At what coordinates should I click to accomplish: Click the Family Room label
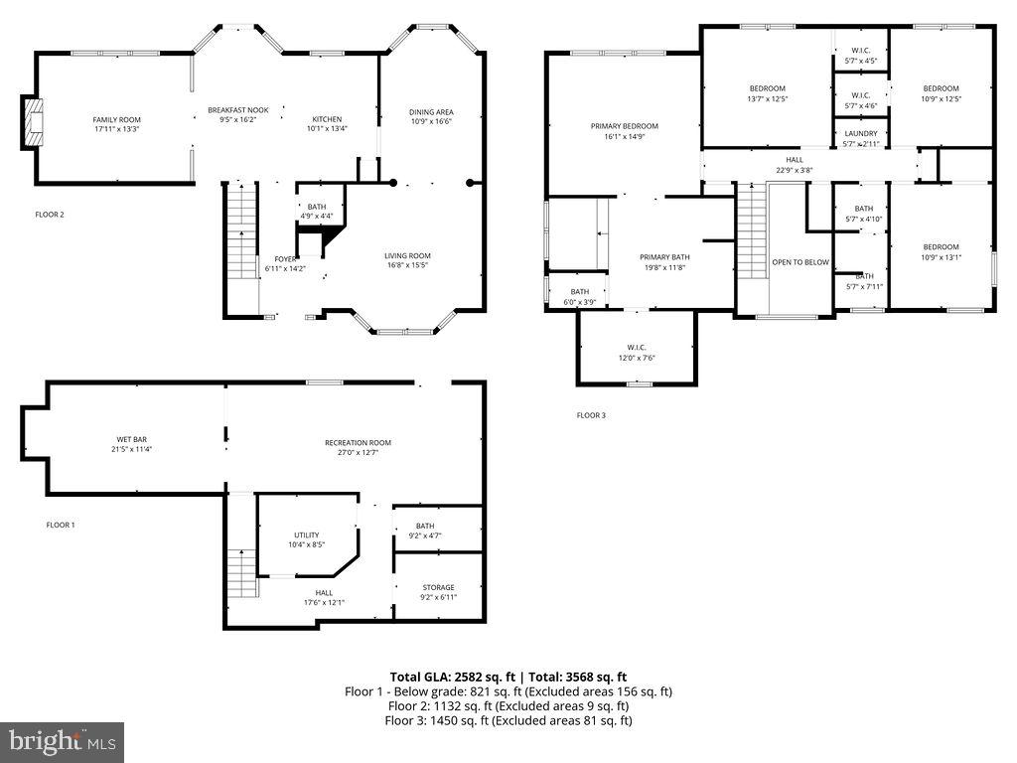click(116, 119)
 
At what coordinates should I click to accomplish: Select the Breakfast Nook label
click(237, 110)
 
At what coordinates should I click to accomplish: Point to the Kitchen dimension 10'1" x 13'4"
click(327, 128)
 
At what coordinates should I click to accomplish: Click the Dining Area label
click(431, 112)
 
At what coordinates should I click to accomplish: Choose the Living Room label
click(407, 255)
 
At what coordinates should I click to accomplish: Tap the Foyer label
click(285, 259)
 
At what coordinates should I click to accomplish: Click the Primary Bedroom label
click(624, 126)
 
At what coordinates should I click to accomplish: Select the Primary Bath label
click(663, 256)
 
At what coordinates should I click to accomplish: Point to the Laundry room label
click(860, 133)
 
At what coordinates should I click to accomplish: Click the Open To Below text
click(800, 262)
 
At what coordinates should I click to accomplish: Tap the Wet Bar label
click(132, 439)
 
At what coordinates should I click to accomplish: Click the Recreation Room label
click(358, 443)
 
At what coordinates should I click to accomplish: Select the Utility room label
click(306, 534)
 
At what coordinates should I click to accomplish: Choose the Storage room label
click(438, 587)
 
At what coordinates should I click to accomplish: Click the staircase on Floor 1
click(242, 573)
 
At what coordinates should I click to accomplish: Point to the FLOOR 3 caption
click(591, 415)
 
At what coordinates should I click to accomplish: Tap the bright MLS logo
click(62, 741)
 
